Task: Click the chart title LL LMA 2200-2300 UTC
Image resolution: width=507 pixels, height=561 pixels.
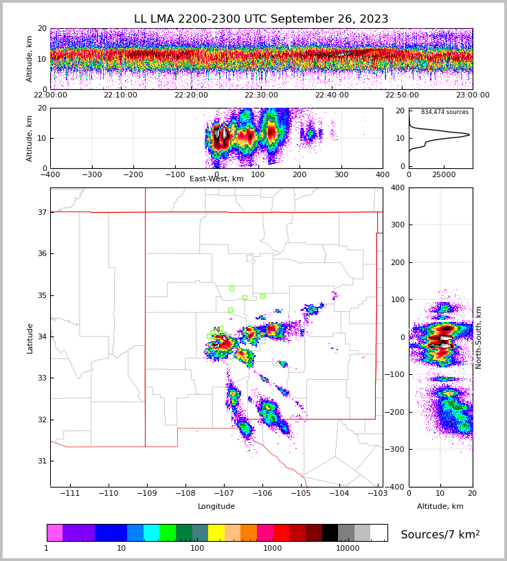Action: [261, 19]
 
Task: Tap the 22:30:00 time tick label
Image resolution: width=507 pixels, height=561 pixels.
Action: [261, 95]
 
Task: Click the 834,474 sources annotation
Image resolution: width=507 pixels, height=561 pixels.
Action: [444, 112]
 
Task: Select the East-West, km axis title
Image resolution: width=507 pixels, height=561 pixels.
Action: [216, 179]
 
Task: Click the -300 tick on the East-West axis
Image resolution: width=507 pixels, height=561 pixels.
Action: [91, 174]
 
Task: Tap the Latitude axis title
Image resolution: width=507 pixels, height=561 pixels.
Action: [30, 338]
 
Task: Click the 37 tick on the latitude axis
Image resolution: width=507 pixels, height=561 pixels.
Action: [42, 212]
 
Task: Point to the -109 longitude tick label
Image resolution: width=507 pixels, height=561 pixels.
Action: [145, 494]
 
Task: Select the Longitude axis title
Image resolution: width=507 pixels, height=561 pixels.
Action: [216, 507]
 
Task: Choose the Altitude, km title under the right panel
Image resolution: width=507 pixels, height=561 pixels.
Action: [440, 507]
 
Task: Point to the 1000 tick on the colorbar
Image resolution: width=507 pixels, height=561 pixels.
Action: [273, 548]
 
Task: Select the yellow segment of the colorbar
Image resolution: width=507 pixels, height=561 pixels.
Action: [216, 533]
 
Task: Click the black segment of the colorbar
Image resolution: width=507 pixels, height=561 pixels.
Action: [330, 533]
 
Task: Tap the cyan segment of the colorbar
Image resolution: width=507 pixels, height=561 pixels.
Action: [151, 533]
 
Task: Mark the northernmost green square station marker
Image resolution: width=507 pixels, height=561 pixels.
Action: [232, 288]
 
